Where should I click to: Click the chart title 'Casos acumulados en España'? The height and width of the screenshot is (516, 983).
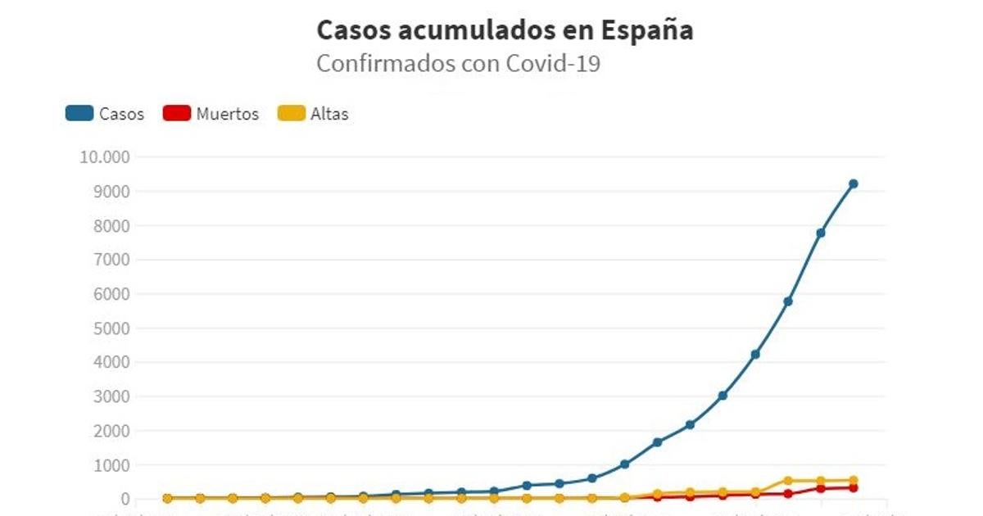pos(505,30)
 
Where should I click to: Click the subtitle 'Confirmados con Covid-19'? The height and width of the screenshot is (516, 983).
pos(458,64)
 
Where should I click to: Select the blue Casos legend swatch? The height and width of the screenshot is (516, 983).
pos(79,113)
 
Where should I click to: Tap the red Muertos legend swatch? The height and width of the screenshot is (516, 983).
pos(177,113)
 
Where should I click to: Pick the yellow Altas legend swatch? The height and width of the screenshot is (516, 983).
pos(291,113)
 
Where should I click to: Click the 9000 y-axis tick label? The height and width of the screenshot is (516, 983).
pos(111,192)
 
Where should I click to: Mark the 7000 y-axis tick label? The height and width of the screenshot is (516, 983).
pos(111,260)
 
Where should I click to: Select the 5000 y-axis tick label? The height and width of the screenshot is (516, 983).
pos(111,328)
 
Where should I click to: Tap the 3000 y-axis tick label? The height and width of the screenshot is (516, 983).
pos(111,396)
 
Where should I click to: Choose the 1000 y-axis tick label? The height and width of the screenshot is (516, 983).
pos(111,465)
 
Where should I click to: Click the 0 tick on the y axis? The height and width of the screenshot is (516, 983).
pos(125,499)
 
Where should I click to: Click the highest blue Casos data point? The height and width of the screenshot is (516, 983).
pos(853,183)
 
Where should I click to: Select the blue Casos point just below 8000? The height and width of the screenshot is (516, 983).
pos(820,233)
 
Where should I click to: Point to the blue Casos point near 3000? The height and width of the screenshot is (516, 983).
pos(723,396)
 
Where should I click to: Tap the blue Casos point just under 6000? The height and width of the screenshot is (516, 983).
pos(788,301)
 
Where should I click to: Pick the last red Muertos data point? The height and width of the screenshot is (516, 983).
pos(853,487)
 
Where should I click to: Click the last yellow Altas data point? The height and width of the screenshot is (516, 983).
pos(853,480)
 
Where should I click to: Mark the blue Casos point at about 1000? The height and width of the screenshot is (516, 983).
pos(624,464)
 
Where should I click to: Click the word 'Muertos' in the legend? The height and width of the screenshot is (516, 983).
pos(227,114)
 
